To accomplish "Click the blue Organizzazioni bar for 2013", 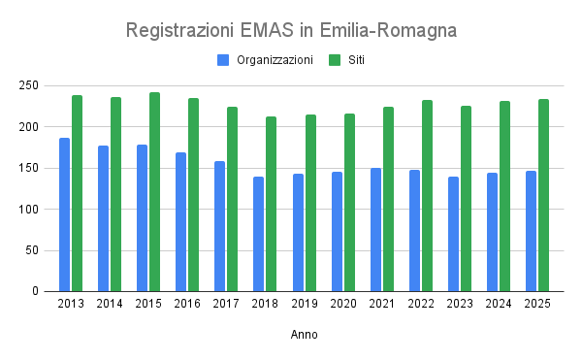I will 64,214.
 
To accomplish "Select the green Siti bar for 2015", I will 154,192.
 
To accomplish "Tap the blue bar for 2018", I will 259,234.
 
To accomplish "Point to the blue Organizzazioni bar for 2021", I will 375,229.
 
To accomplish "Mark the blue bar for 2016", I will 180,221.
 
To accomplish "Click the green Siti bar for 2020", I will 349,202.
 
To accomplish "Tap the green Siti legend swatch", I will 335,60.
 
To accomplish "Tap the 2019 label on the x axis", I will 304,304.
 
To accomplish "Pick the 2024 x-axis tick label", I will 499,304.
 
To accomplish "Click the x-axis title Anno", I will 304,335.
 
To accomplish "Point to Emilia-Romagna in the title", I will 397,30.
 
